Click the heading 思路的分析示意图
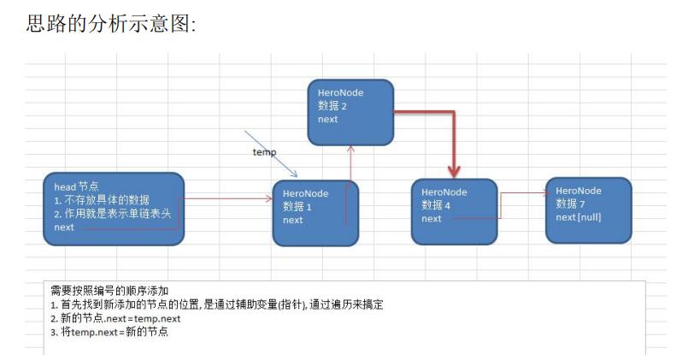coord(112,24)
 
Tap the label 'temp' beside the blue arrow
coord(264,151)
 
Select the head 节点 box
coord(114,209)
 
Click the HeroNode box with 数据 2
coord(350,111)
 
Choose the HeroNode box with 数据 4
coord(453,211)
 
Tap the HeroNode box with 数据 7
coord(588,210)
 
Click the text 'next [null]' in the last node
coord(579,217)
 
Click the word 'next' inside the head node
coord(64,227)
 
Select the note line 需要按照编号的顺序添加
coord(109,291)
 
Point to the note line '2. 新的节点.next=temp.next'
coord(115,318)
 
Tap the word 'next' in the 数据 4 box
coord(432,218)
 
